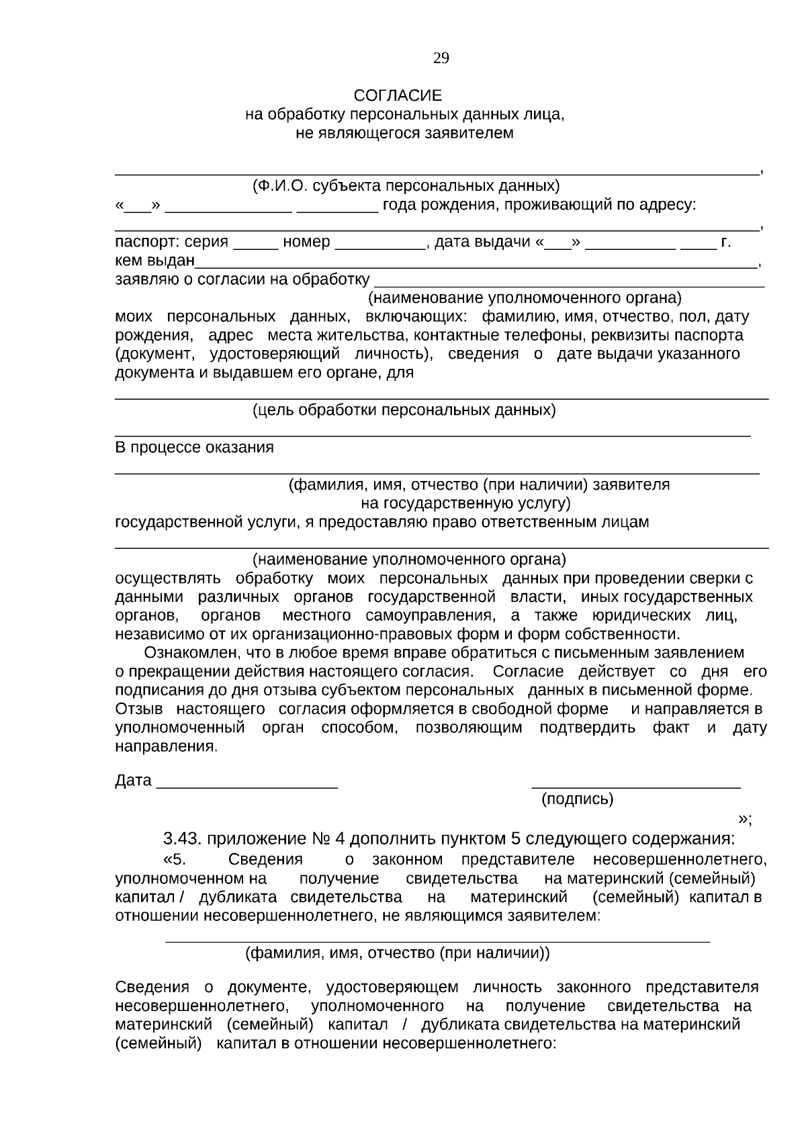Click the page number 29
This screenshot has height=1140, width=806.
coord(441,58)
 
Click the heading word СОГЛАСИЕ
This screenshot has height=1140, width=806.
coord(398,96)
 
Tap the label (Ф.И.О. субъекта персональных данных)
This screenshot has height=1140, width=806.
coord(405,185)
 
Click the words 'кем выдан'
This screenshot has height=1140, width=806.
coord(154,261)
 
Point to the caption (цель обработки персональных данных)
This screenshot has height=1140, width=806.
coord(404,410)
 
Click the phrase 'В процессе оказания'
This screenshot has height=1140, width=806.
coord(194,447)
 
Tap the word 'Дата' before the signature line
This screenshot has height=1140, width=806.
coord(133,781)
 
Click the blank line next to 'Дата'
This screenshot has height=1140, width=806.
coord(247,785)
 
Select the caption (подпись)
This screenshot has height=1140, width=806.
coord(577,799)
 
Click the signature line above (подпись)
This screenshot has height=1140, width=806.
coord(635,785)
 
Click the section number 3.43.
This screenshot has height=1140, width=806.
coord(181,839)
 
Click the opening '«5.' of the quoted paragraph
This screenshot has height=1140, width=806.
coord(173,859)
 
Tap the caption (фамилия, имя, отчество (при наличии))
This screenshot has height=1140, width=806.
coord(397,952)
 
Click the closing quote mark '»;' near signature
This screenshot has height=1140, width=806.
coord(745,819)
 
